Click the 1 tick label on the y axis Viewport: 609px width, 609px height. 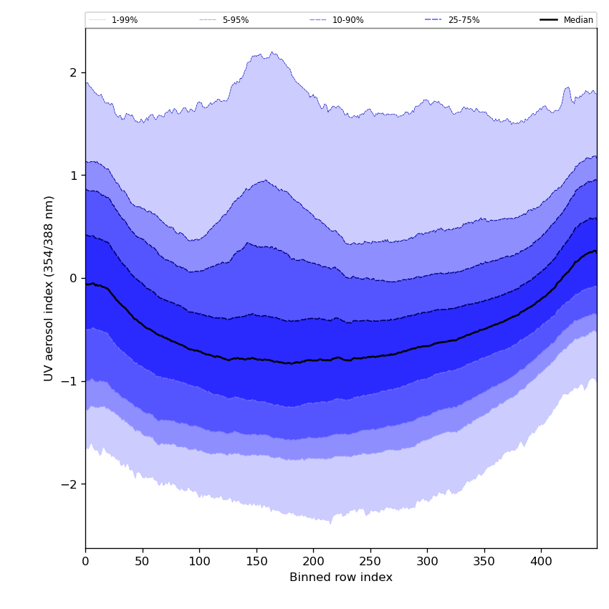[x=73, y=176]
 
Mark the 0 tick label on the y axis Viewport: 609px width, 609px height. [x=73, y=278]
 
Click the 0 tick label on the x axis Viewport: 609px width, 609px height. [x=85, y=562]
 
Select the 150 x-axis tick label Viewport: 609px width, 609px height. [x=256, y=562]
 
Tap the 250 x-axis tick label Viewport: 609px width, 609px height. [x=370, y=562]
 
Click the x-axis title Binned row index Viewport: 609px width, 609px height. [x=341, y=578]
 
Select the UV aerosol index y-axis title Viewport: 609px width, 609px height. [x=49, y=288]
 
